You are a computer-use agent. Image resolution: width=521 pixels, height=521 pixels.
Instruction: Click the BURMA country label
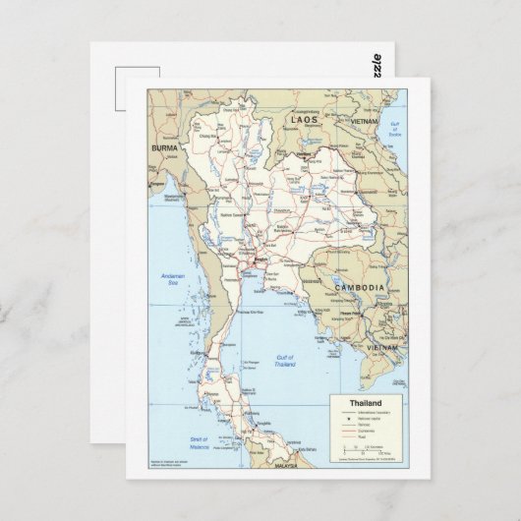163,147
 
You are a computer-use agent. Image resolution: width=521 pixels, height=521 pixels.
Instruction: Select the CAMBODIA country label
358,286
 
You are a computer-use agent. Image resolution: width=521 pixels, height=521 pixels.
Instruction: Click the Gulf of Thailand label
285,361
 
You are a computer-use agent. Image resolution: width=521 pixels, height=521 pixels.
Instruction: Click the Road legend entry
363,436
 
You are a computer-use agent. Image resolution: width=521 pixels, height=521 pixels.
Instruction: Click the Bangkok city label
255,260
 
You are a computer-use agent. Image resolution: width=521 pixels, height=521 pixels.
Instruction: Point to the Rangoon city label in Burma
157,183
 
